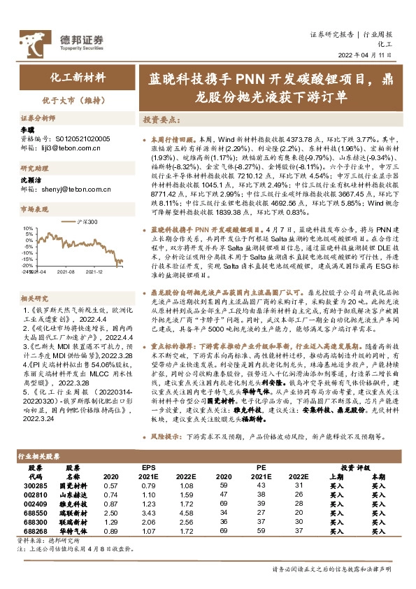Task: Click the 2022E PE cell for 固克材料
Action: pyautogui.click(x=297, y=485)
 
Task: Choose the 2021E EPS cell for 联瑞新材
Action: pyautogui.click(x=147, y=522)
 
